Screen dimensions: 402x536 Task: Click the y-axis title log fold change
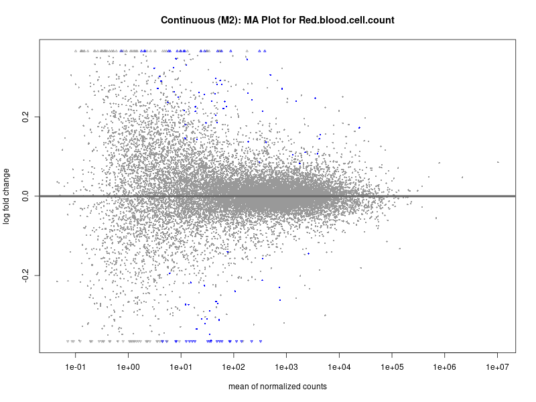pos(7,196)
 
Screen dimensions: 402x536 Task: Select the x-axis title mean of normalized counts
pos(277,387)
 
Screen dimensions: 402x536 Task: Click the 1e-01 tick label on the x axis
pos(76,366)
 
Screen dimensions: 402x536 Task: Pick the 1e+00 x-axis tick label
pos(128,366)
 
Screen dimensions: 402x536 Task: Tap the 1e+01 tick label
pos(181,366)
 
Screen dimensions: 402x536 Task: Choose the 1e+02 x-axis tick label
pos(233,366)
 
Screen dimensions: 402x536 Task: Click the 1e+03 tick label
pos(286,366)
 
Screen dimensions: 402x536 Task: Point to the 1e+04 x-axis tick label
pos(339,366)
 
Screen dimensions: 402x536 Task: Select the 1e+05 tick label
pos(392,366)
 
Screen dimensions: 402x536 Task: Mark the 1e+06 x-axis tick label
pos(444,366)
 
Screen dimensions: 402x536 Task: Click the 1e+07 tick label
pos(497,366)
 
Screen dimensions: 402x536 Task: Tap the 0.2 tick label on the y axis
pos(25,117)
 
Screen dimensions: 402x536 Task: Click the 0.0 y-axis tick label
pos(25,196)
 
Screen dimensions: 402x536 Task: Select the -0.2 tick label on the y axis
pos(25,275)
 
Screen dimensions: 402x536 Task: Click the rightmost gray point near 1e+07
pos(498,162)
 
